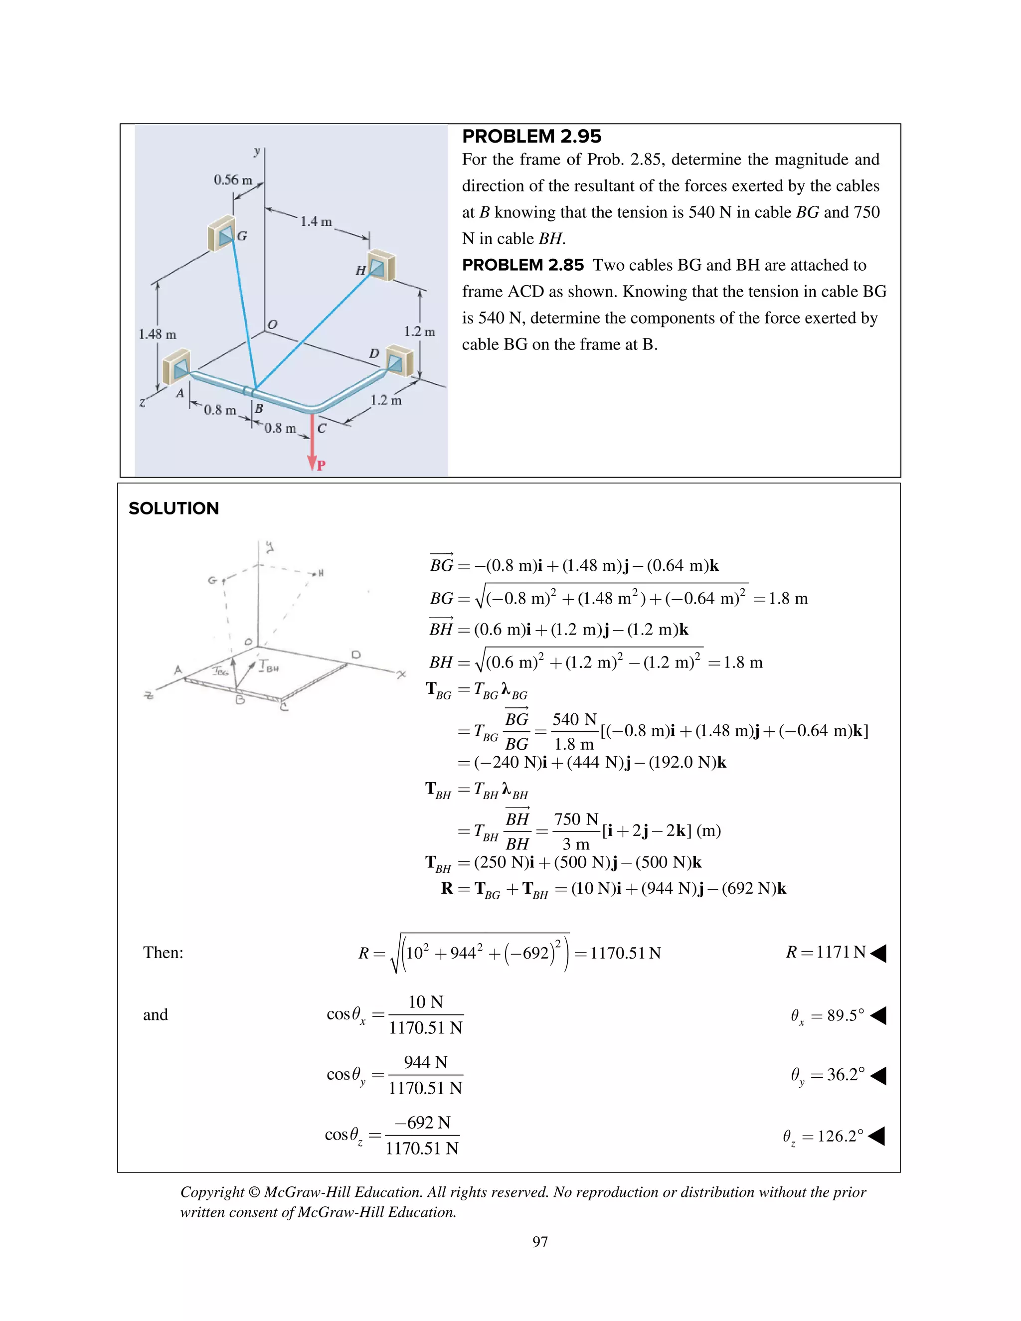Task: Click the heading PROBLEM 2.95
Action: click(x=531, y=136)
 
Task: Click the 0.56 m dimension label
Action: click(x=232, y=179)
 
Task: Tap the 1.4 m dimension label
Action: click(x=316, y=221)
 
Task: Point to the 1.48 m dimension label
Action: click(x=157, y=334)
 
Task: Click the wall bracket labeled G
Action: click(x=222, y=233)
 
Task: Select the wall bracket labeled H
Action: click(x=381, y=266)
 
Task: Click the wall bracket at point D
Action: click(x=399, y=361)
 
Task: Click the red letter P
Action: click(x=321, y=465)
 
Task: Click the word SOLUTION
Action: click(x=173, y=508)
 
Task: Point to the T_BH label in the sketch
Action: click(x=268, y=666)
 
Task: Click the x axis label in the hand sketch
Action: click(x=401, y=674)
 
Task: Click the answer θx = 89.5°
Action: click(x=828, y=1015)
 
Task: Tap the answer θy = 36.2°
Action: click(x=828, y=1075)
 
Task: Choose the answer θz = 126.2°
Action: click(x=823, y=1136)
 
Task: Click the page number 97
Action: click(x=539, y=1242)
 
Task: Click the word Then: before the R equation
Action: click(x=163, y=953)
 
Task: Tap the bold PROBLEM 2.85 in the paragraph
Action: click(x=522, y=265)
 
